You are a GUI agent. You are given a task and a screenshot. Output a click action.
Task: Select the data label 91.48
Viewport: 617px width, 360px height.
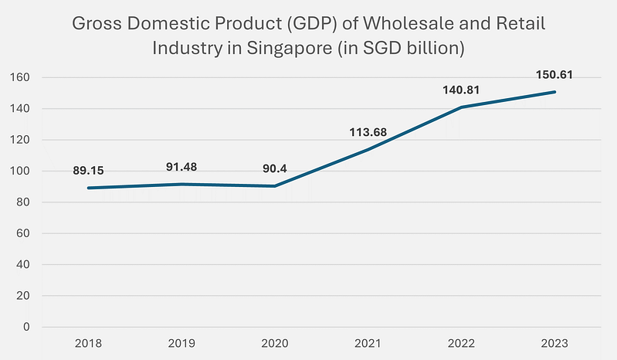183,166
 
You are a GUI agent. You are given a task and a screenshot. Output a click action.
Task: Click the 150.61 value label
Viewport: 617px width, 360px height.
554,75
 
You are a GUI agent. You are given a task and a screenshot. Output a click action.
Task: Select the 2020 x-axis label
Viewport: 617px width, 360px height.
276,342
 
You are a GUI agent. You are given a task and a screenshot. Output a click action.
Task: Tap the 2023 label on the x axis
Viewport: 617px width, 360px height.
554,342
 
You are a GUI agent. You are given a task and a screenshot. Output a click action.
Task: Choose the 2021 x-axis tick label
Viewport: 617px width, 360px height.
368,342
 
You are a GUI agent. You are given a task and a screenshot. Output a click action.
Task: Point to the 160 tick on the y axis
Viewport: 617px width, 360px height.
21,78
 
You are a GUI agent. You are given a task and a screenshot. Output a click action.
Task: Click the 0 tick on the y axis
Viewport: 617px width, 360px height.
25,327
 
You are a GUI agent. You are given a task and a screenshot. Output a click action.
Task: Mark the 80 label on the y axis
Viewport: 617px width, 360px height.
23,202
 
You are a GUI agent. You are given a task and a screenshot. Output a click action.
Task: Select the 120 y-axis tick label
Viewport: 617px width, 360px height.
21,140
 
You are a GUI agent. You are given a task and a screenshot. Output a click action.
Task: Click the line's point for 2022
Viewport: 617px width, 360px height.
462,107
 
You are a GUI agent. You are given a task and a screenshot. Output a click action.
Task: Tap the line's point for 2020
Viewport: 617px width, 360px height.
276,186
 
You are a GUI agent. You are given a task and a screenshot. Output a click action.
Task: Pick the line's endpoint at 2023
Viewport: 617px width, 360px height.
554,92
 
